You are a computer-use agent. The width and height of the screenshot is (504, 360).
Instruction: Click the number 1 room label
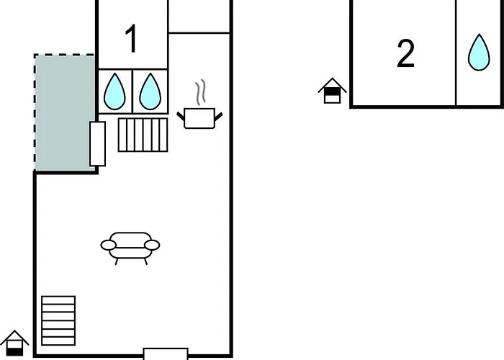pos(132,39)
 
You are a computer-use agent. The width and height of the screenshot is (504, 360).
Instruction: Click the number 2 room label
pos(405,53)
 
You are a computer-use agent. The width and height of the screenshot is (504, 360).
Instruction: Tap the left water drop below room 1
pos(114,91)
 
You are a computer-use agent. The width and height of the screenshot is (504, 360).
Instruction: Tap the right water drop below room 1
pos(150,91)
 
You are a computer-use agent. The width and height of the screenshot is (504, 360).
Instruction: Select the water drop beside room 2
pos(479,53)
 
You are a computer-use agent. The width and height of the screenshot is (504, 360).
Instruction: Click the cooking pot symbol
pos(199,118)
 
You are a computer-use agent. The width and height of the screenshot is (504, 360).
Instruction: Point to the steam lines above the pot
pos(200,92)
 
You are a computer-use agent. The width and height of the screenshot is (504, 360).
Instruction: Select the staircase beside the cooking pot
pos(143,135)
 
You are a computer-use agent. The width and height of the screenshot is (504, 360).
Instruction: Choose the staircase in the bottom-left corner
pos(58,321)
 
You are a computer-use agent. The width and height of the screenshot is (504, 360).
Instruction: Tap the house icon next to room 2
pos(333,91)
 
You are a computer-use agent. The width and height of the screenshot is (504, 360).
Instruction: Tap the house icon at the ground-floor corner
pos(15,343)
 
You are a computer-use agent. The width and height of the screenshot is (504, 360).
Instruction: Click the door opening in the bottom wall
pos(166,354)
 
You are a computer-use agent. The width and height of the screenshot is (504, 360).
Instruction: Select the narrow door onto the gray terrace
pos(97,144)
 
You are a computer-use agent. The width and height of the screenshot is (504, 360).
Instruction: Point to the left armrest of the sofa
pos(108,245)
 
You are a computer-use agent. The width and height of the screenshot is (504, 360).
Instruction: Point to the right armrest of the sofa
pos(152,245)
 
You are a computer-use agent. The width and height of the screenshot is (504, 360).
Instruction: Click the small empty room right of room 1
pos(199,15)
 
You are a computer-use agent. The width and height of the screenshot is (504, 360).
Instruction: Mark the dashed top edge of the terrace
pos(64,55)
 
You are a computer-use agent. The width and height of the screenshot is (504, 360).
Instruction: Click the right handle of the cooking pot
pos(218,117)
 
